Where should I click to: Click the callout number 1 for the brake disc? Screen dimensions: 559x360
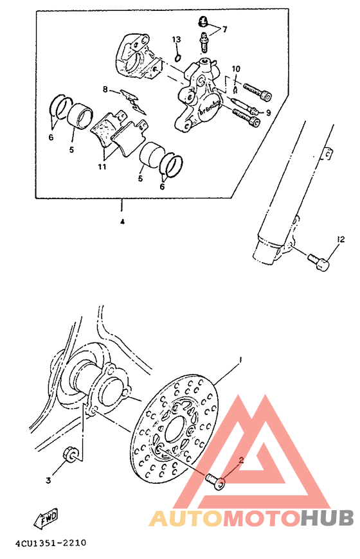tap(240, 359)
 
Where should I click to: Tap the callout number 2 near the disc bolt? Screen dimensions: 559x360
tap(241, 460)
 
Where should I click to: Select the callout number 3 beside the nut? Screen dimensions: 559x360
tap(48, 479)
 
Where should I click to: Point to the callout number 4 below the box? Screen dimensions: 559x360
tap(121, 222)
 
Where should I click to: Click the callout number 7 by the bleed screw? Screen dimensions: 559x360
tap(224, 30)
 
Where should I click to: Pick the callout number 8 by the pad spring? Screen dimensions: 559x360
tap(104, 90)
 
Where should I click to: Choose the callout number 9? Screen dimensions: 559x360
tap(268, 112)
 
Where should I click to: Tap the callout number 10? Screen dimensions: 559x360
tap(235, 69)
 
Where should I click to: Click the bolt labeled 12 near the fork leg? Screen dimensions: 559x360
tap(319, 263)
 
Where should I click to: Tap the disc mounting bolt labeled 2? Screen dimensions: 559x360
tap(215, 480)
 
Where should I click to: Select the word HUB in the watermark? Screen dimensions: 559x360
tap(327, 518)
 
